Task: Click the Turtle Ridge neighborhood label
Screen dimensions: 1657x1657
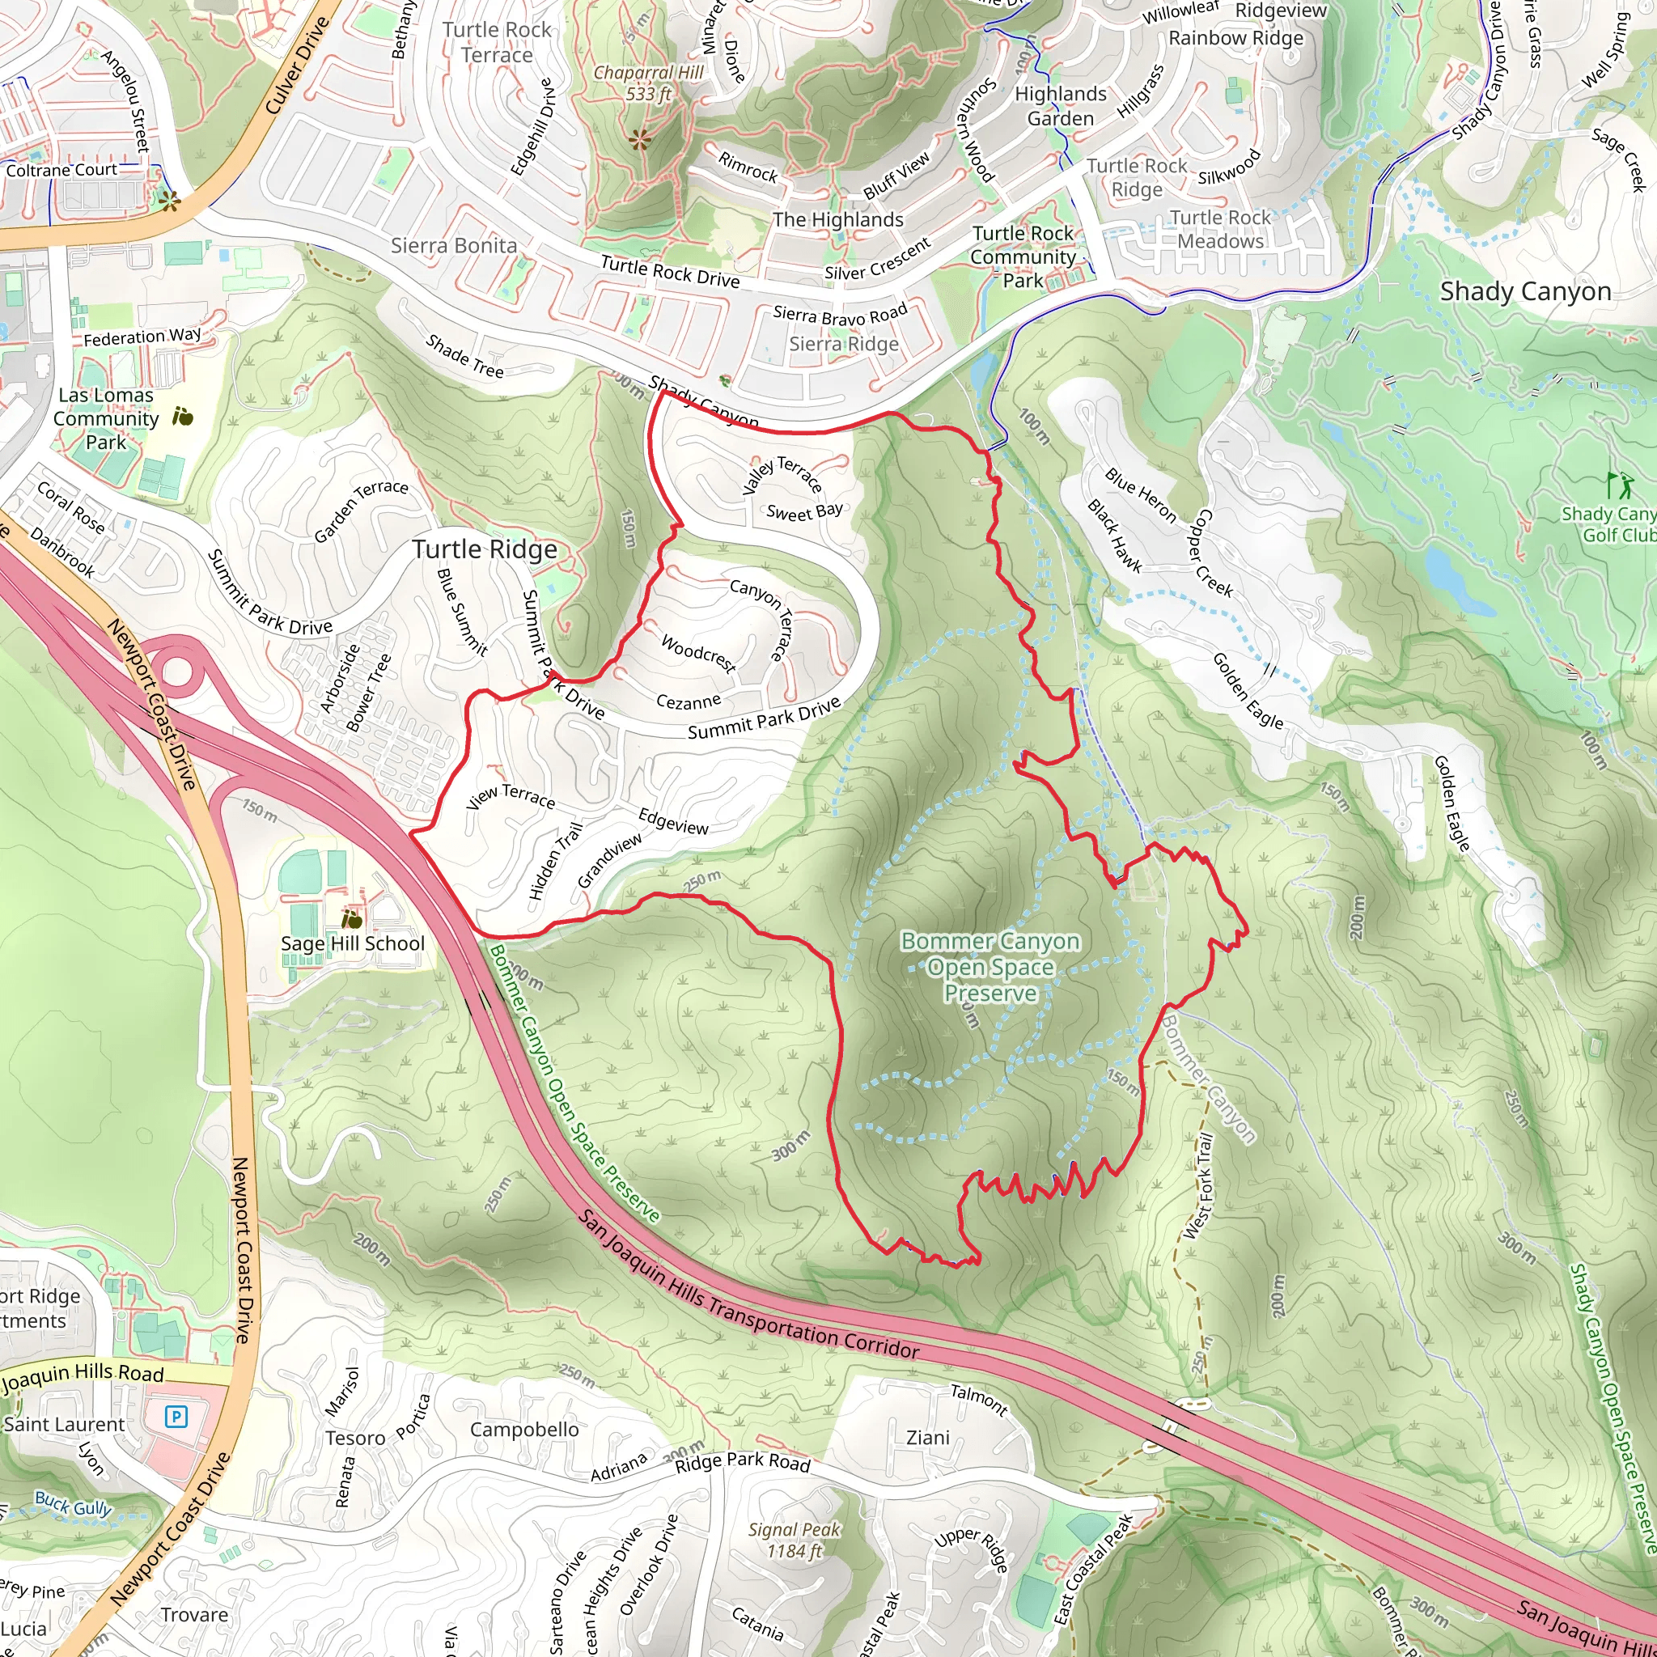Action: tap(485, 549)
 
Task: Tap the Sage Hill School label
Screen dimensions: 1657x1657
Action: tap(353, 943)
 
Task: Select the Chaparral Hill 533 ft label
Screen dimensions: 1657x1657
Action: tap(648, 83)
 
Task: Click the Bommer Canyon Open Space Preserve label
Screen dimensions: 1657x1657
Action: tap(990, 967)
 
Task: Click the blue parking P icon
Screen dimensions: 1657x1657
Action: tap(176, 1415)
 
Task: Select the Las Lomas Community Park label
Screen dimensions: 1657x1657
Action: tap(105, 418)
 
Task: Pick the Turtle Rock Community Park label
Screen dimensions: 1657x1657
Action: tap(1023, 256)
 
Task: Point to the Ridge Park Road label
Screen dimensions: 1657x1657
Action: tap(743, 1462)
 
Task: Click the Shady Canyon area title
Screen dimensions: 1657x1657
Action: tap(1525, 291)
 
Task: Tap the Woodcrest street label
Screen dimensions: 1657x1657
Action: tap(698, 654)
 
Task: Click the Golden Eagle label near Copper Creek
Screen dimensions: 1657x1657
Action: tap(1248, 690)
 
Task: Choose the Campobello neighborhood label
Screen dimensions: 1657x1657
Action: tap(524, 1430)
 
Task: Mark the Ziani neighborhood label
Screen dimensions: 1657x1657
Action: tap(928, 1438)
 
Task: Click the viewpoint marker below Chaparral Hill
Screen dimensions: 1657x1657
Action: tap(639, 139)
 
